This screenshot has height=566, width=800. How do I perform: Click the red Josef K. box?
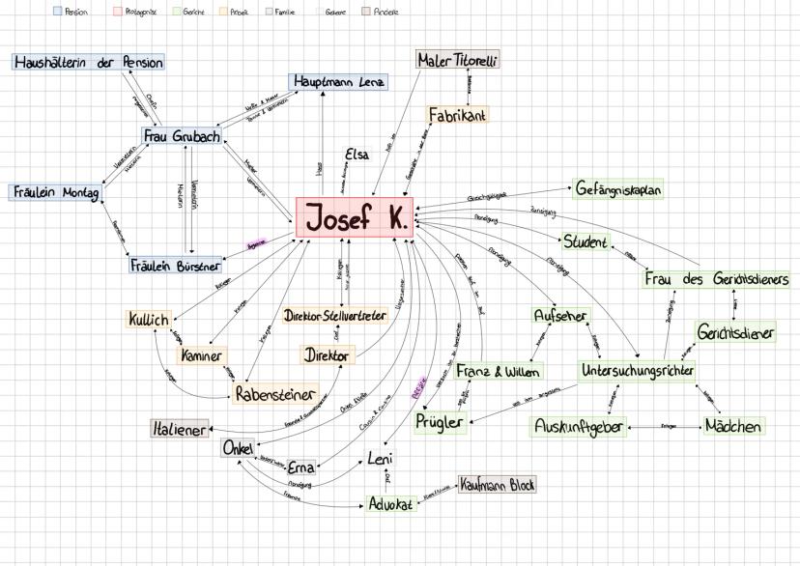pos(355,218)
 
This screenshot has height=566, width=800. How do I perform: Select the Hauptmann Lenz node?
pos(338,81)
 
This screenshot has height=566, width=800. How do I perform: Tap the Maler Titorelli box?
pos(458,60)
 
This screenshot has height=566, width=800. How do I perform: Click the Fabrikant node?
pos(457,115)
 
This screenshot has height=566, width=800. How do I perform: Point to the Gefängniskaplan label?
pos(618,189)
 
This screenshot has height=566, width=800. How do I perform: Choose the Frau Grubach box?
pos(182,136)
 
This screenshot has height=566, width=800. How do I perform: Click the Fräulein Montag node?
pos(54,192)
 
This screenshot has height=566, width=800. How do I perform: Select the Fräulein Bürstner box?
pos(175,264)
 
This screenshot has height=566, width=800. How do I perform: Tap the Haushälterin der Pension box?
pos(88,62)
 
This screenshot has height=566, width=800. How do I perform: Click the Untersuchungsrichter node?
pos(638,370)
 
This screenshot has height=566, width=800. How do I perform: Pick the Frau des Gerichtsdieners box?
pos(716,279)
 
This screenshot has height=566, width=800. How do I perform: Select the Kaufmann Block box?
pos(497,484)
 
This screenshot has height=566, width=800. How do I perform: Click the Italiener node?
pos(180,429)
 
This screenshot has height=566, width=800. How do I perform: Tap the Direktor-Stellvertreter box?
pos(335,315)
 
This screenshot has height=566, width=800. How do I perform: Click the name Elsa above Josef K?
pos(357,155)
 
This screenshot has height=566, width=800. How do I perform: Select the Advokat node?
pos(391,503)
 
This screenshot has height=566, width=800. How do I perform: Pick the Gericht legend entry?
pos(187,13)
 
